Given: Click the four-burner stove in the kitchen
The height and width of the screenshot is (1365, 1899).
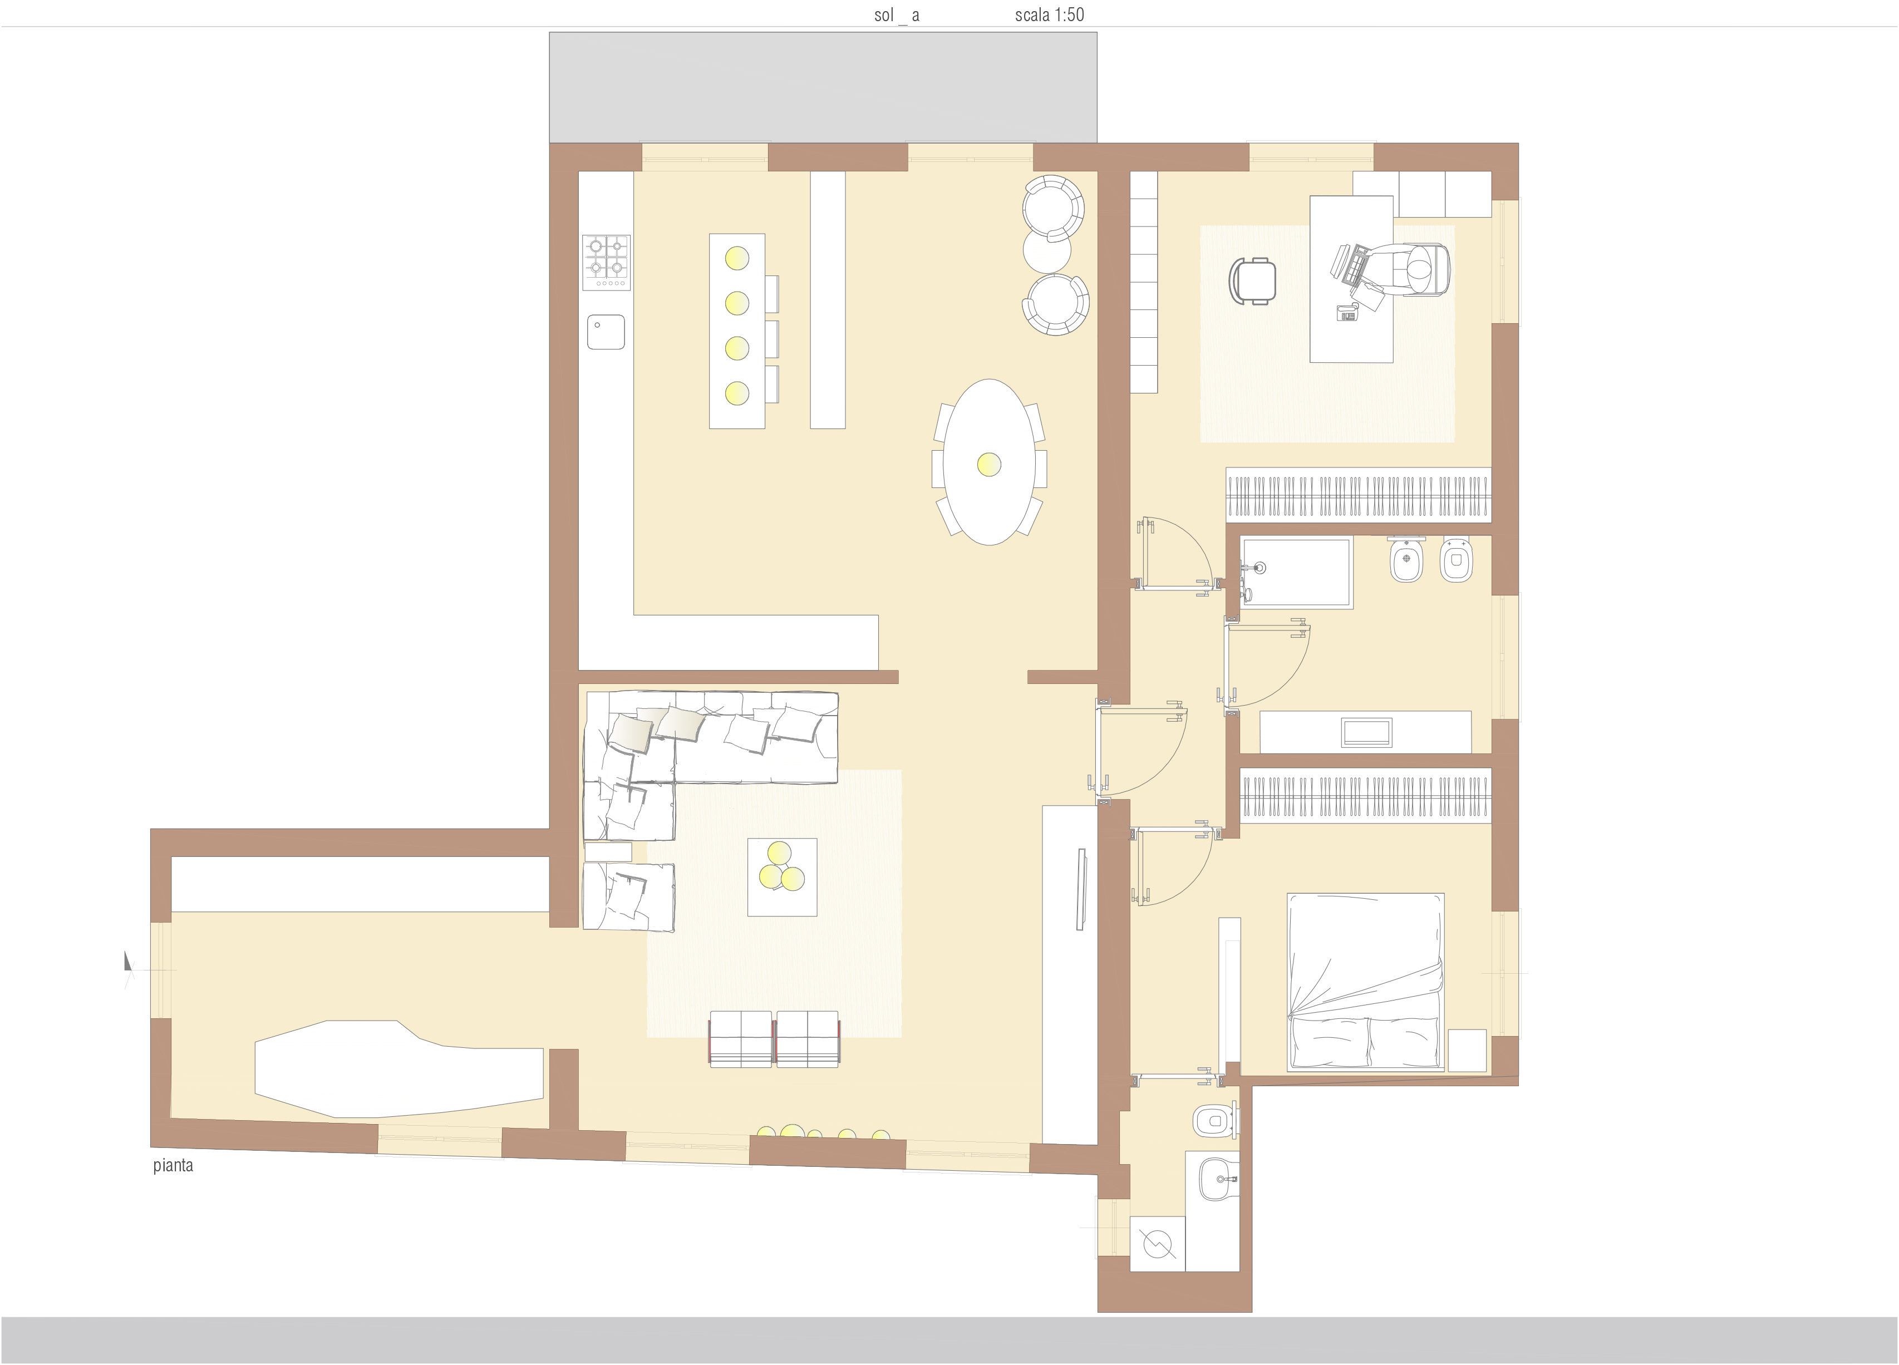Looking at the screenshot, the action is [607, 262].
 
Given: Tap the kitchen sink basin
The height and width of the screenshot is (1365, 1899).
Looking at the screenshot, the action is [606, 332].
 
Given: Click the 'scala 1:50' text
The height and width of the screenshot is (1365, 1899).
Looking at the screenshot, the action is [1049, 14].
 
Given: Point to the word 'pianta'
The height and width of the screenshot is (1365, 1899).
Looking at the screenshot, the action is [173, 1166].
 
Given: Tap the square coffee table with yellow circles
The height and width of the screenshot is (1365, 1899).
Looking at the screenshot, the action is [782, 877].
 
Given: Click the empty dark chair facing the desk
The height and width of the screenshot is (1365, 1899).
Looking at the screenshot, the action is [1253, 279].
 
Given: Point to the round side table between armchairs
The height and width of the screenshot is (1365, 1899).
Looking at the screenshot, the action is [1047, 249].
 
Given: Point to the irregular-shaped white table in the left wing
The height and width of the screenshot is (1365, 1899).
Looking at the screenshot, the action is [399, 1069].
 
